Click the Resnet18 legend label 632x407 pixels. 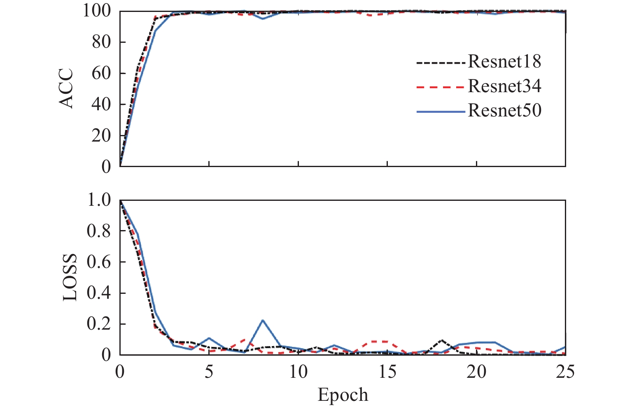[x=504, y=62]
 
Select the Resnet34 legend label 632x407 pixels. [x=504, y=86]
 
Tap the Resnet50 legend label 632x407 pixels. [x=504, y=111]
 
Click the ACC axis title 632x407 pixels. [x=66, y=88]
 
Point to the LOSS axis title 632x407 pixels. [x=70, y=277]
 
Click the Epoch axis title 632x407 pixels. [x=343, y=395]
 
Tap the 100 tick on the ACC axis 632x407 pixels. [x=97, y=11]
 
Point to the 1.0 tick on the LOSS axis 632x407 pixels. [x=99, y=200]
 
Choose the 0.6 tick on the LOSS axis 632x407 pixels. [x=99, y=262]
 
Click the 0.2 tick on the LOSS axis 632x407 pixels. [x=99, y=324]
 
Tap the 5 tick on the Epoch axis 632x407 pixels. [x=209, y=372]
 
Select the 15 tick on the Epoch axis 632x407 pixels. [x=387, y=372]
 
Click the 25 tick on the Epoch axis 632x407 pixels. [x=565, y=372]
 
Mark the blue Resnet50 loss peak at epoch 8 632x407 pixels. [x=263, y=320]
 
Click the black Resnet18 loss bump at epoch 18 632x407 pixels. [x=441, y=340]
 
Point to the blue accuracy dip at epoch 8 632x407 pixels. [x=263, y=19]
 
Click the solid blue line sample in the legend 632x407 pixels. [x=441, y=112]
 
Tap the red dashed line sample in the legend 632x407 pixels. [x=441, y=87]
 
